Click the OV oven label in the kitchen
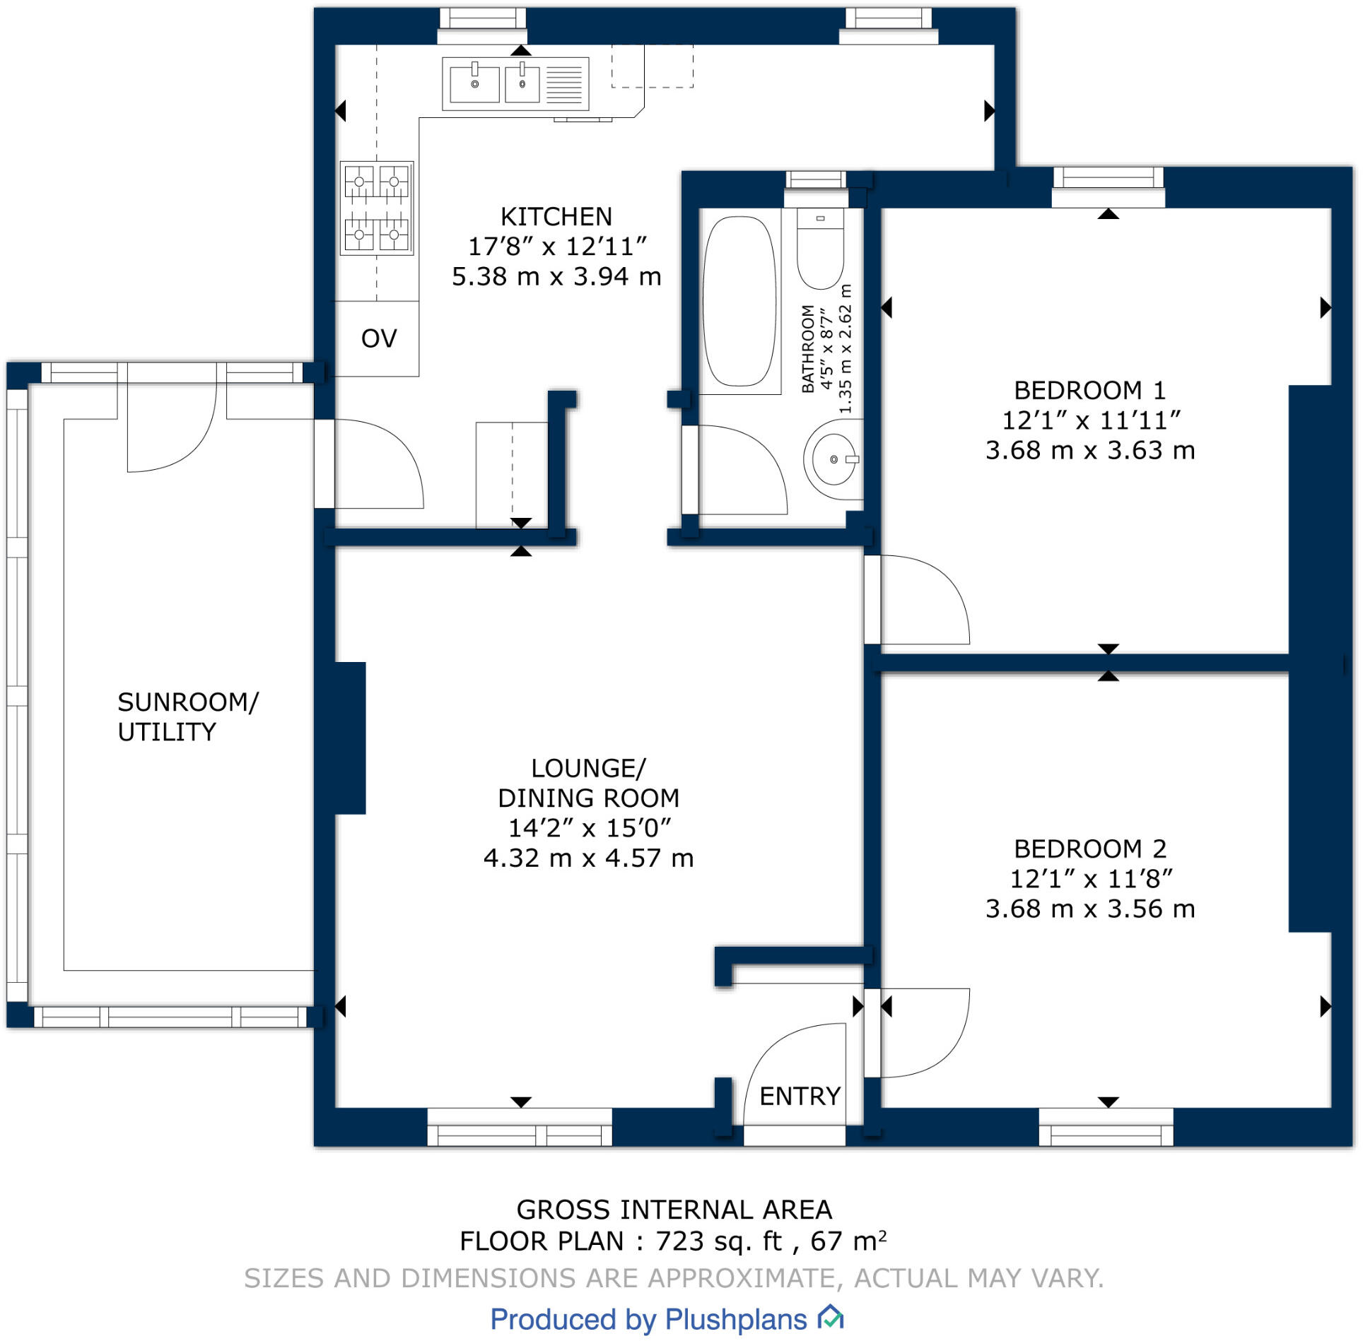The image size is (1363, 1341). pos(379,338)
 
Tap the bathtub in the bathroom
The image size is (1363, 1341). pos(739,301)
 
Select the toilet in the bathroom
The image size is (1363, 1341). pos(821,249)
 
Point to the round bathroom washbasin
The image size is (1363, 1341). pos(833,459)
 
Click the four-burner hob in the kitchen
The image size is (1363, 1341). pos(377,208)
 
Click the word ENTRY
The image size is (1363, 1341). pos(800,1096)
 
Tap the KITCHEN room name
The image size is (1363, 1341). pos(556,216)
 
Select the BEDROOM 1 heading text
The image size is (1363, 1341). pos(1089,390)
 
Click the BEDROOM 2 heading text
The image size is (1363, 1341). pos(1090,848)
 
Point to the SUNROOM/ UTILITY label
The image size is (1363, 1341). pos(188,716)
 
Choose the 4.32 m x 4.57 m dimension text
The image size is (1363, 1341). pos(588,858)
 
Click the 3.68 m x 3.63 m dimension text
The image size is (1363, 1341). pos(1090,450)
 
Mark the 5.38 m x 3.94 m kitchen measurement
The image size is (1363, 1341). pos(556,276)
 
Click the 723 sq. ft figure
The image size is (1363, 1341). pos(719,1241)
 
